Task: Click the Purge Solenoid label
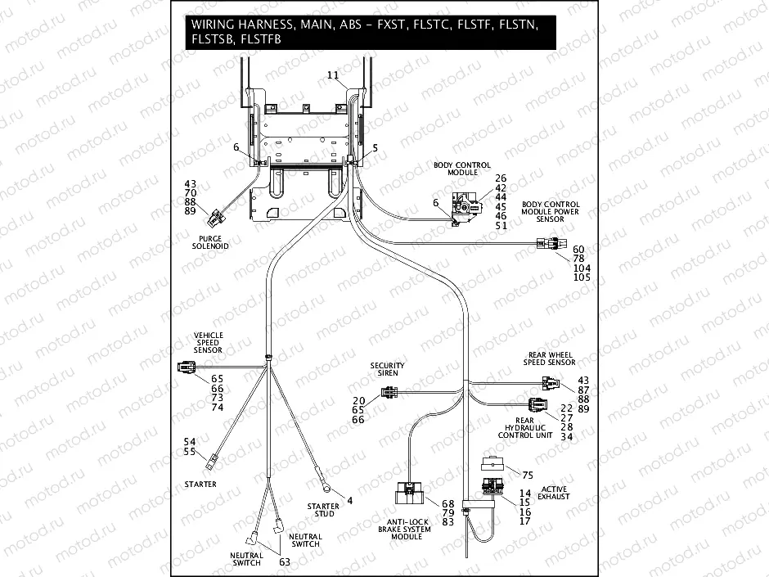pyautogui.click(x=210, y=241)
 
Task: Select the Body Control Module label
pyautogui.click(x=456, y=169)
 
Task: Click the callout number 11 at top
pyautogui.click(x=332, y=75)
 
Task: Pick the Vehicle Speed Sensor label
pyautogui.click(x=208, y=342)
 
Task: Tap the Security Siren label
pyautogui.click(x=388, y=369)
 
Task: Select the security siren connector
pyautogui.click(x=389, y=397)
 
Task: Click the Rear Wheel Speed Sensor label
pyautogui.click(x=550, y=358)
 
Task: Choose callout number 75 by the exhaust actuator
pyautogui.click(x=527, y=474)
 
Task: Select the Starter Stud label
pyautogui.click(x=323, y=511)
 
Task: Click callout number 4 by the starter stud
pyautogui.click(x=350, y=500)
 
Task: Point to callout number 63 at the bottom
pyautogui.click(x=285, y=562)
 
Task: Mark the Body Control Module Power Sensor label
pyautogui.click(x=551, y=212)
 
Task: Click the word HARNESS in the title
pyautogui.click(x=265, y=25)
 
